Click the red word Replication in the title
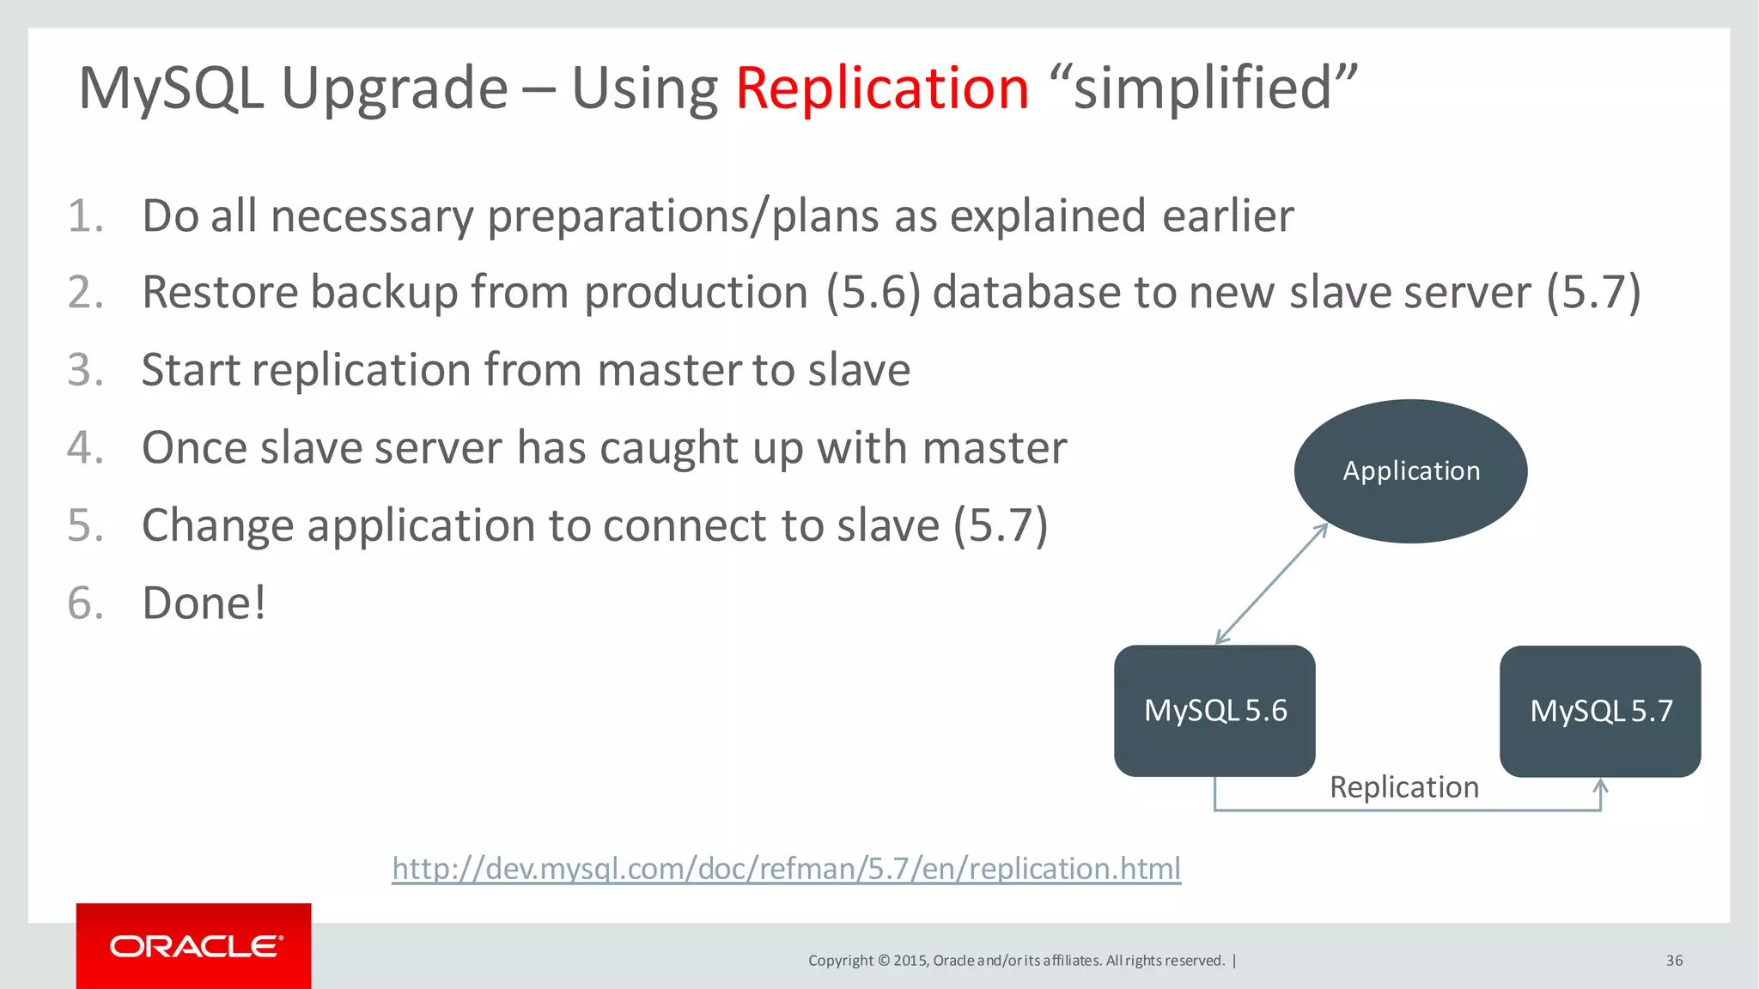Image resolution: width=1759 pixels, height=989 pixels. [x=882, y=88]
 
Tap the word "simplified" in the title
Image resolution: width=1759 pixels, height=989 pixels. [x=1203, y=88]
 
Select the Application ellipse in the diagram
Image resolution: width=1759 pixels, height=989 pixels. [x=1410, y=470]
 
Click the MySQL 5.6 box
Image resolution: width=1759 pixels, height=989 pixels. [x=1214, y=711]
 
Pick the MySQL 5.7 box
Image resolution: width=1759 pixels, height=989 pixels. [x=1600, y=711]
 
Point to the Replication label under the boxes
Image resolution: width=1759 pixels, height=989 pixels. [x=1404, y=787]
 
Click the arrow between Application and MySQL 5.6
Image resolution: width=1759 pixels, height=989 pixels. [x=1272, y=584]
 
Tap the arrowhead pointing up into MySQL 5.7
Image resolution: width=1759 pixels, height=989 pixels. [x=1600, y=786]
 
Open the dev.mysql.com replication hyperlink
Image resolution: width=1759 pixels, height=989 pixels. [x=786, y=869]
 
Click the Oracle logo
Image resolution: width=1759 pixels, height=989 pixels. [x=194, y=946]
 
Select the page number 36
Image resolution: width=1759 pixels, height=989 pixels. [x=1674, y=961]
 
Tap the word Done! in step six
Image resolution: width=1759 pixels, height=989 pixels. [x=204, y=603]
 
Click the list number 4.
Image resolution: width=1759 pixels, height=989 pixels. [x=85, y=448]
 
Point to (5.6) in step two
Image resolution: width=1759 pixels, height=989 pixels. [x=873, y=293]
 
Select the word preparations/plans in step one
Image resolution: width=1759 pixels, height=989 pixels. [x=684, y=216]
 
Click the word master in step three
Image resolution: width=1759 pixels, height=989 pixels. [x=670, y=371]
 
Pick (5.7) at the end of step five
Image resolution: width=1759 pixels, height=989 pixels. [x=1001, y=525]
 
